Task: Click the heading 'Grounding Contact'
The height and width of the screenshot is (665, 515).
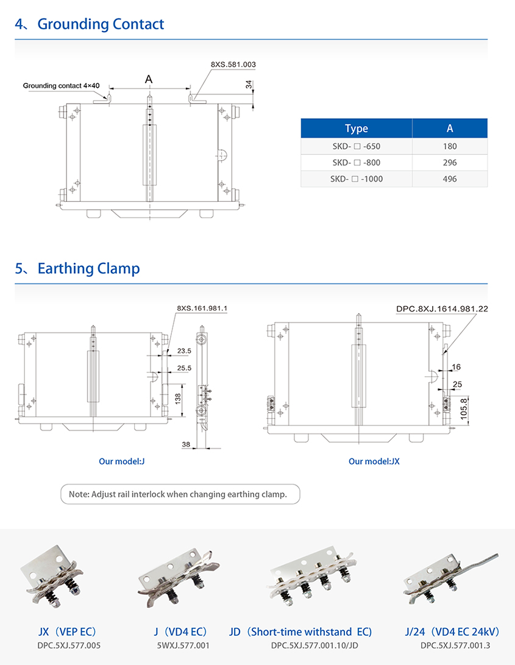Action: [x=101, y=24]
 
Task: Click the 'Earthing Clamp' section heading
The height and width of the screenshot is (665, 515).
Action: [x=88, y=268]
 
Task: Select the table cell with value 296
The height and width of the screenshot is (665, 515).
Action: [x=450, y=162]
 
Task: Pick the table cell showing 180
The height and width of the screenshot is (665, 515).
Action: [x=450, y=146]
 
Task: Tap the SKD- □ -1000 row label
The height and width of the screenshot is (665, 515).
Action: [x=357, y=179]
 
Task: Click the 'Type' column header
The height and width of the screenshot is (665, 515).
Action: [x=357, y=128]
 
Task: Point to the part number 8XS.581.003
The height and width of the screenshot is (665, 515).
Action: [x=233, y=65]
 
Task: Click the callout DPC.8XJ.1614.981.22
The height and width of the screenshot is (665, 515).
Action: [x=442, y=309]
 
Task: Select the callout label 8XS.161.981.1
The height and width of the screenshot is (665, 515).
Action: [x=202, y=308]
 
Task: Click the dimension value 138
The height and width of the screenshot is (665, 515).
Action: [x=178, y=398]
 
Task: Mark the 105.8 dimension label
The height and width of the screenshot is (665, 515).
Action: [x=464, y=409]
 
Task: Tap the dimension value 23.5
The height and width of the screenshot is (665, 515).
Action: [x=184, y=350]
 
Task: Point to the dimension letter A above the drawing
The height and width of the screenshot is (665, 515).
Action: [x=149, y=79]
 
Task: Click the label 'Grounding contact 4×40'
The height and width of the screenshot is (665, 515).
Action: [x=61, y=86]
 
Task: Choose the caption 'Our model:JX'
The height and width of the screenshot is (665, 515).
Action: [x=374, y=461]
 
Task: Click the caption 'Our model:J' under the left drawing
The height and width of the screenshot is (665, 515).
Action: [x=122, y=461]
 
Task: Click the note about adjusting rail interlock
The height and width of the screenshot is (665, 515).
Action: [x=180, y=494]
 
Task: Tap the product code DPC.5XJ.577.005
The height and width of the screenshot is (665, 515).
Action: [x=69, y=645]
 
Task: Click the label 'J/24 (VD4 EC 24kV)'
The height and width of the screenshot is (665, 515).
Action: [x=452, y=632]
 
